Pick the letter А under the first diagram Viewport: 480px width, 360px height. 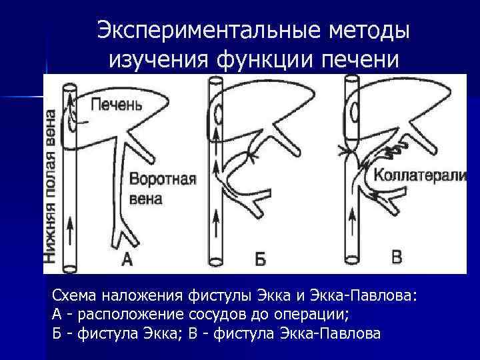click(126, 259)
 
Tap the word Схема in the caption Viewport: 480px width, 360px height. click(73, 295)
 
